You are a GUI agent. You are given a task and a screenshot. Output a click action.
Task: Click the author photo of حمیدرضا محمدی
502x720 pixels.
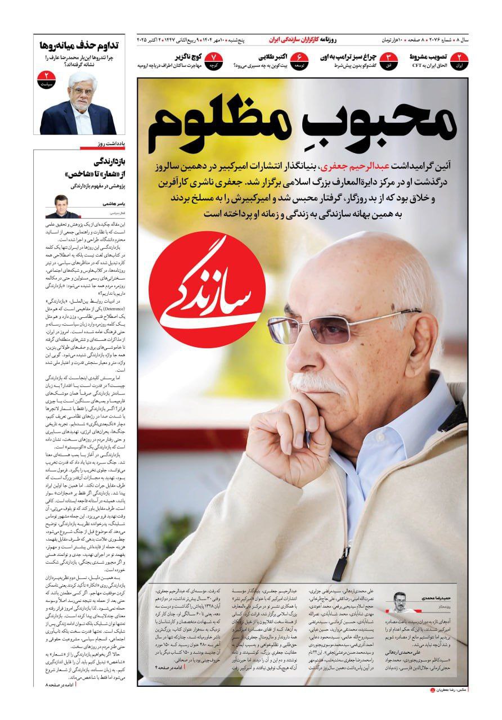point(401,604)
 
